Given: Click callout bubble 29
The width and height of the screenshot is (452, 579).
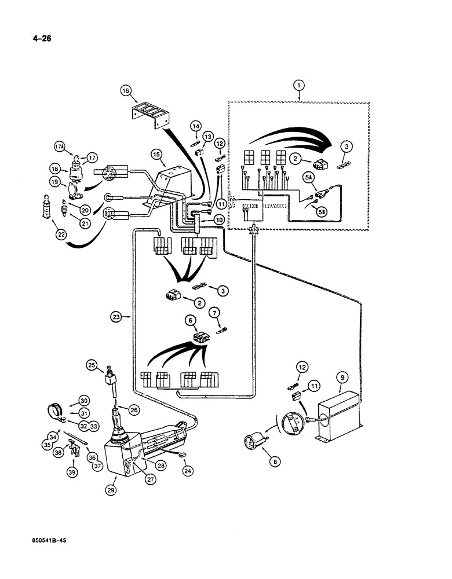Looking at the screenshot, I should [x=111, y=489].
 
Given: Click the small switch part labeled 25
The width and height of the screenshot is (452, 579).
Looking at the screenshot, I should [x=108, y=380].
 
